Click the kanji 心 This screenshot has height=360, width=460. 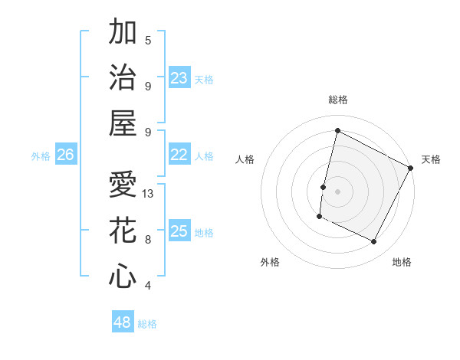pyautogui.click(x=123, y=276)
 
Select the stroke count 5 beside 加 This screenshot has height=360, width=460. pyautogui.click(x=148, y=41)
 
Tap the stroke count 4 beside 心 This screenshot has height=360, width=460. pyautogui.click(x=148, y=286)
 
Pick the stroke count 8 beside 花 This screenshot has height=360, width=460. pyautogui.click(x=148, y=240)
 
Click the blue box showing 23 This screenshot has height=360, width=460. pyautogui.click(x=179, y=78)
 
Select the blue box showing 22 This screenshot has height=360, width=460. pyautogui.click(x=179, y=155)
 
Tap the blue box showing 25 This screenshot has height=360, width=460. pyautogui.click(x=179, y=231)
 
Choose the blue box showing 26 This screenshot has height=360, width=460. pyautogui.click(x=65, y=155)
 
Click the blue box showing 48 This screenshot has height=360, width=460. pyautogui.click(x=123, y=322)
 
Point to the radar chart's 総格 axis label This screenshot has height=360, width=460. pyautogui.click(x=337, y=100)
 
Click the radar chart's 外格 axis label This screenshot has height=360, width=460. pyautogui.click(x=270, y=262)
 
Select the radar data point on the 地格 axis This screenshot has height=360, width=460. pyautogui.click(x=373, y=242)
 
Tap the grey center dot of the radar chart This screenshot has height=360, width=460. pyautogui.click(x=337, y=191)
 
